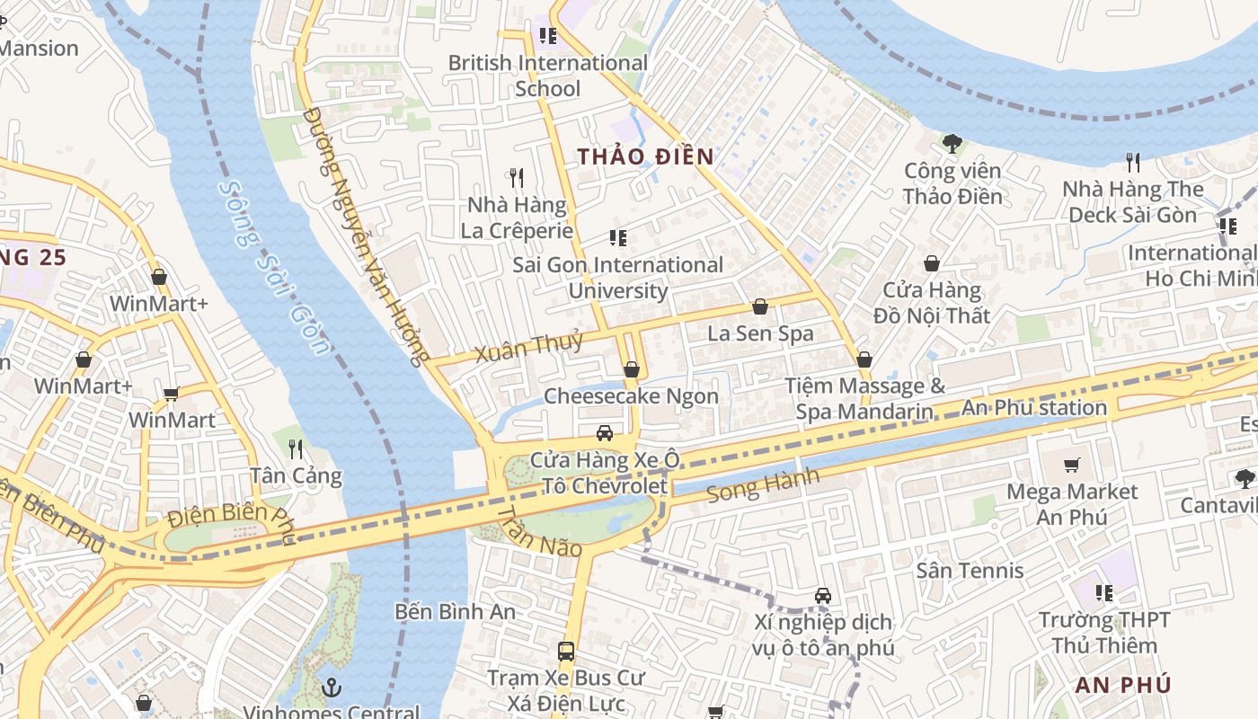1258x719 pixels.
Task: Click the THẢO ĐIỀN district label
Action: tap(645, 156)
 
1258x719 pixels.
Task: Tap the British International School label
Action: tap(547, 75)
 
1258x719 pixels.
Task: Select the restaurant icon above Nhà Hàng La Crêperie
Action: tap(516, 177)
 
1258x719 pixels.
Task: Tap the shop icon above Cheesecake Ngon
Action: tap(632, 369)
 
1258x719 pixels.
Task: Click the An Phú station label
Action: tap(1034, 408)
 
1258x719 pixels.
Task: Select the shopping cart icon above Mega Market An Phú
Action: tap(1071, 465)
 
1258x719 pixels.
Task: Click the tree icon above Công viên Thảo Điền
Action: tap(952, 143)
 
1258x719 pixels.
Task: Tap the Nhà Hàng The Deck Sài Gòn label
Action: tap(1132, 201)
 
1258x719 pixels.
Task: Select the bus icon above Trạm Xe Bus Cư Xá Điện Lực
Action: tap(566, 651)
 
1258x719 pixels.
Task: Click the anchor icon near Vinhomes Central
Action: tap(332, 688)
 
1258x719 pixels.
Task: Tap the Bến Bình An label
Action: tap(455, 612)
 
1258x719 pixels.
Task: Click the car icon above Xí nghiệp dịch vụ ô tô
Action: tap(822, 595)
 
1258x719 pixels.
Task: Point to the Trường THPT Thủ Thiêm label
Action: tap(1104, 633)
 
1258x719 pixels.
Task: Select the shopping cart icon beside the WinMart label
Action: tap(171, 394)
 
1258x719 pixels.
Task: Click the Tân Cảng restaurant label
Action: tap(296, 475)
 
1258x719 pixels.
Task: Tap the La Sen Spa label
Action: tap(760, 333)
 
